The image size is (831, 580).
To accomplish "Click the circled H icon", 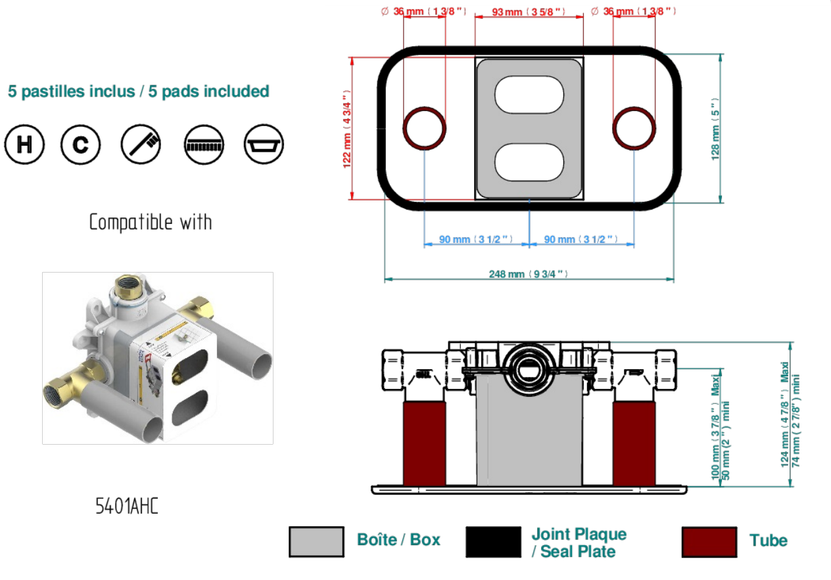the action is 24,144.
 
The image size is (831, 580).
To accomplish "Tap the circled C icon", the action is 80,144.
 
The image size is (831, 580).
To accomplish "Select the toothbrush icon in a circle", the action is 141,144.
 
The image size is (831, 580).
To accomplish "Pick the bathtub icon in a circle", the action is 264,144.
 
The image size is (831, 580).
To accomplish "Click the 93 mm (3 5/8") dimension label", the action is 529,12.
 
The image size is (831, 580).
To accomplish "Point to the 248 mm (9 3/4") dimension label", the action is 529,274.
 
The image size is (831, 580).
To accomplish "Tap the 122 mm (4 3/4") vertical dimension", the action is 347,129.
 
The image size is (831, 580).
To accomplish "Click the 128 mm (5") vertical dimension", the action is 715,129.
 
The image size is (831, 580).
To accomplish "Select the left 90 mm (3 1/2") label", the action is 476,239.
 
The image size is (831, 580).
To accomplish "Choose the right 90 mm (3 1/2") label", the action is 581,239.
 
